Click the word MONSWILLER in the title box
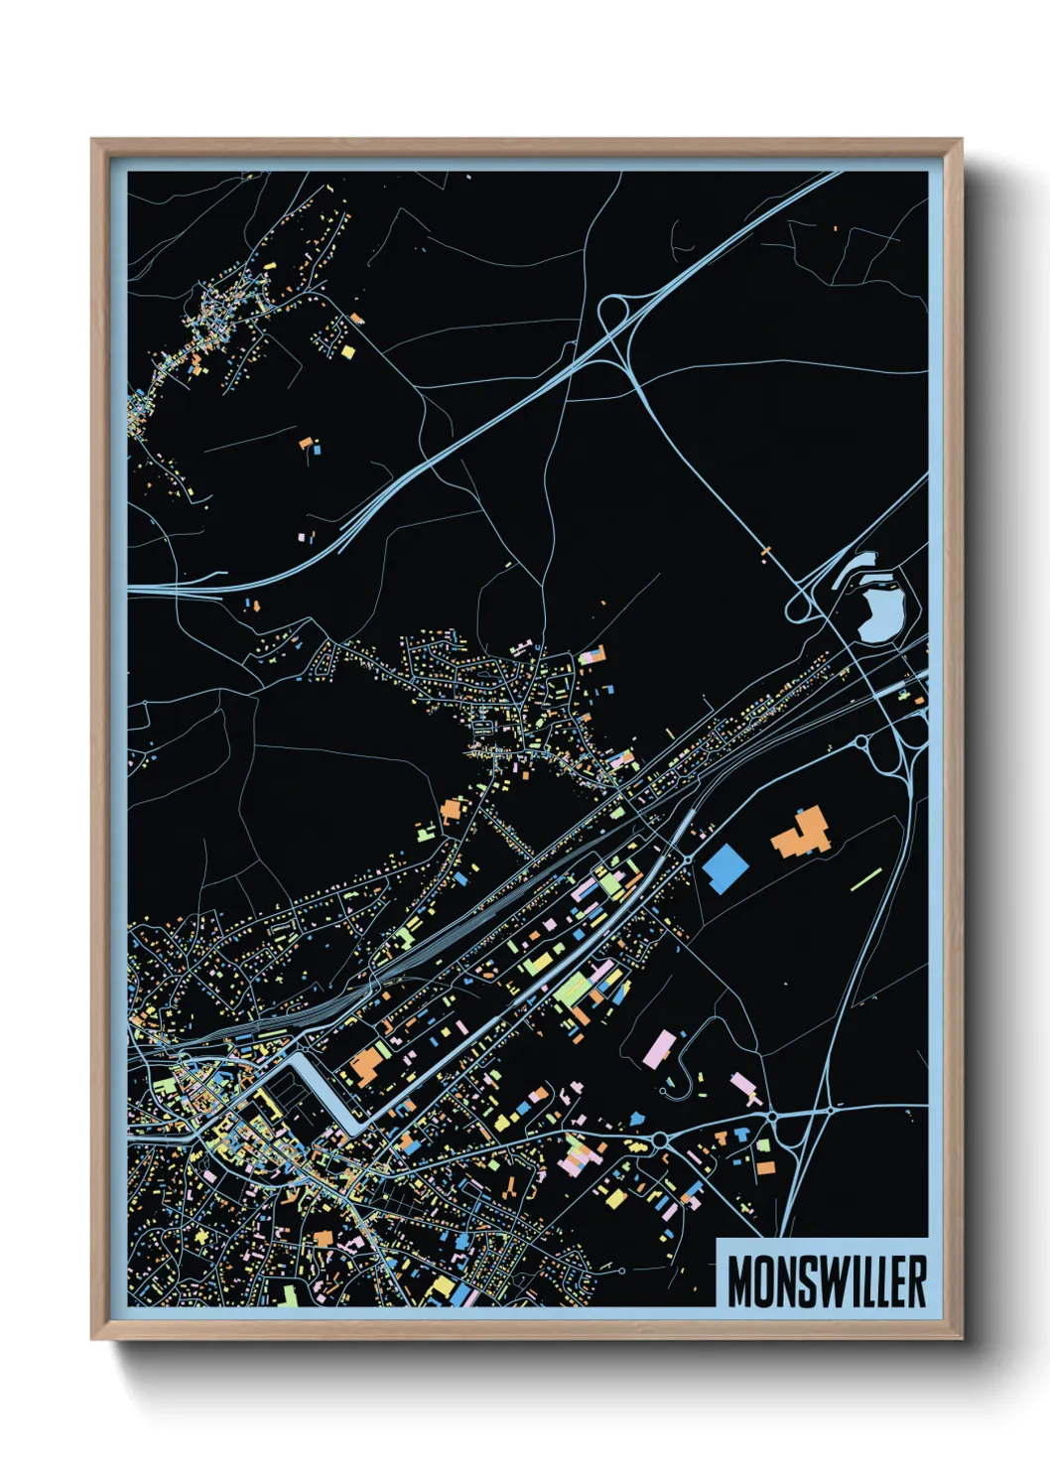827,1281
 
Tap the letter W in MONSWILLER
830,1281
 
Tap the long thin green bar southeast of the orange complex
866,879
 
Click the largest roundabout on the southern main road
771,1118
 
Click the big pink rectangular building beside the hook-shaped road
660,1048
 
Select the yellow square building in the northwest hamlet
347,351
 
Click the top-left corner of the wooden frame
92,140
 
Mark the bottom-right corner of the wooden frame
961,1339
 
